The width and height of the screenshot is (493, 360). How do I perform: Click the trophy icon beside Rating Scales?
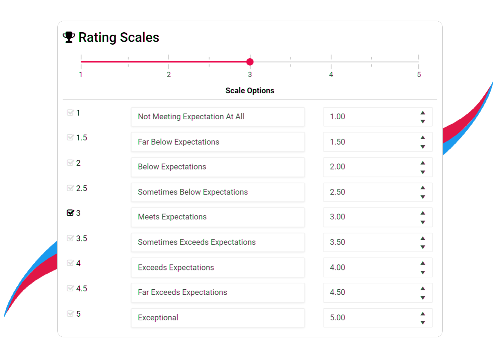[x=69, y=37]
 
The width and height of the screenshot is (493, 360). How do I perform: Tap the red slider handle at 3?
[x=250, y=62]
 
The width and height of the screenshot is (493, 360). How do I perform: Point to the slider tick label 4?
[x=331, y=75]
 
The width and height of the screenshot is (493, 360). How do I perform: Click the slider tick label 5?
[x=419, y=75]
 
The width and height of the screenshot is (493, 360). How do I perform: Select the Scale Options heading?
[x=250, y=91]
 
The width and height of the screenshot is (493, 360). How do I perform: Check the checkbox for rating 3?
[x=70, y=213]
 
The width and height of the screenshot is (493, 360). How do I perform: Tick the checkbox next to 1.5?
[x=70, y=138]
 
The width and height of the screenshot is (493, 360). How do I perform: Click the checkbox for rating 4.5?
[x=70, y=288]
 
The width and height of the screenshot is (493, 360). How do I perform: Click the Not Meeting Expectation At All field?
[x=218, y=117]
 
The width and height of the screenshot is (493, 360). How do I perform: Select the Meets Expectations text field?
[x=218, y=217]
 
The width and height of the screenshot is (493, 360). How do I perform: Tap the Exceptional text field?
[x=218, y=318]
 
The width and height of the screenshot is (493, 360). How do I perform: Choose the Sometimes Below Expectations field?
[x=218, y=192]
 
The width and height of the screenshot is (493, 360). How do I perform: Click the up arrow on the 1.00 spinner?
[x=423, y=113]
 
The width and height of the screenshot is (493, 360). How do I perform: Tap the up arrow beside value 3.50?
[x=423, y=238]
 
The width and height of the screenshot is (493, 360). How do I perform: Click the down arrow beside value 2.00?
[x=423, y=172]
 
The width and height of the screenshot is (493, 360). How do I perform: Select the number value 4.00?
[x=337, y=267]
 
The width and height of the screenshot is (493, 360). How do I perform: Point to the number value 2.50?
[x=337, y=192]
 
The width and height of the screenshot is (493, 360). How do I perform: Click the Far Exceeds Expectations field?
[x=218, y=292]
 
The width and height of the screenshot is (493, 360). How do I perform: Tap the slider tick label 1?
[x=81, y=75]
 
